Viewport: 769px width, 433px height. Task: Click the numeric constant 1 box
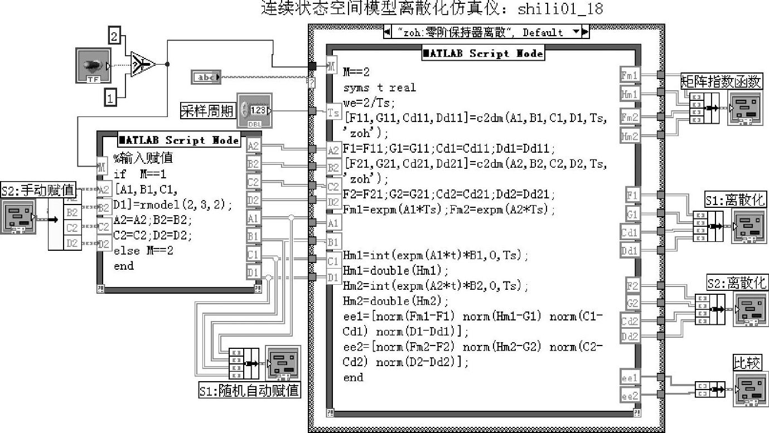112,99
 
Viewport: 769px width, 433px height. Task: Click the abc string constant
206,77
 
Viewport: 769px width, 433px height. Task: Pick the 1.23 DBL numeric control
254,110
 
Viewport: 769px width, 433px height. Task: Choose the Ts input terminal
333,113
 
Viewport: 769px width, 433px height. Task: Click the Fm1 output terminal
630,74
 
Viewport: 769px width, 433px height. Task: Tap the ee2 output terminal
630,395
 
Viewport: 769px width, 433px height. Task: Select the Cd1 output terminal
630,232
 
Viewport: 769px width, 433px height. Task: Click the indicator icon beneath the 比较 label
748,388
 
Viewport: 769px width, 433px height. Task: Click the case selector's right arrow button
585,32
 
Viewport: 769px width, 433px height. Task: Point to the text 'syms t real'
379,87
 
